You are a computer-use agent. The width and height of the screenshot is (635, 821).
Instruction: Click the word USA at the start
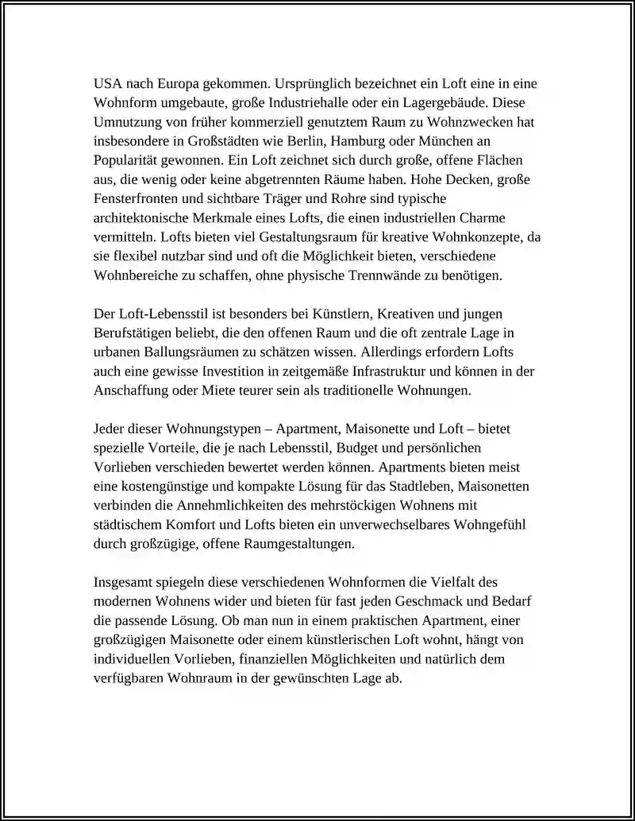(x=108, y=83)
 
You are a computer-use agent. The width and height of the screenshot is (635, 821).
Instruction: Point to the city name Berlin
(x=307, y=141)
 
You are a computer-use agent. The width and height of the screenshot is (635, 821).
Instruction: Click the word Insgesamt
(x=126, y=583)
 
